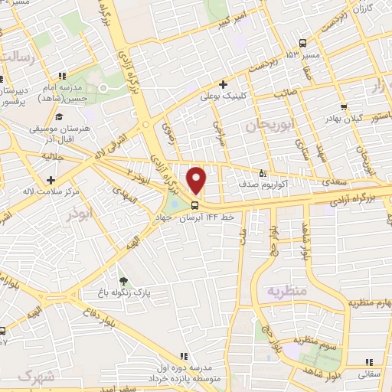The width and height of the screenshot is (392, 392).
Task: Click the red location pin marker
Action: click(198, 180)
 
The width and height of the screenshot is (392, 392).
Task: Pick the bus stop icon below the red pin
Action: click(195, 205)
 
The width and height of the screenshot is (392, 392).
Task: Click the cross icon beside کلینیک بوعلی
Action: click(223, 84)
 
